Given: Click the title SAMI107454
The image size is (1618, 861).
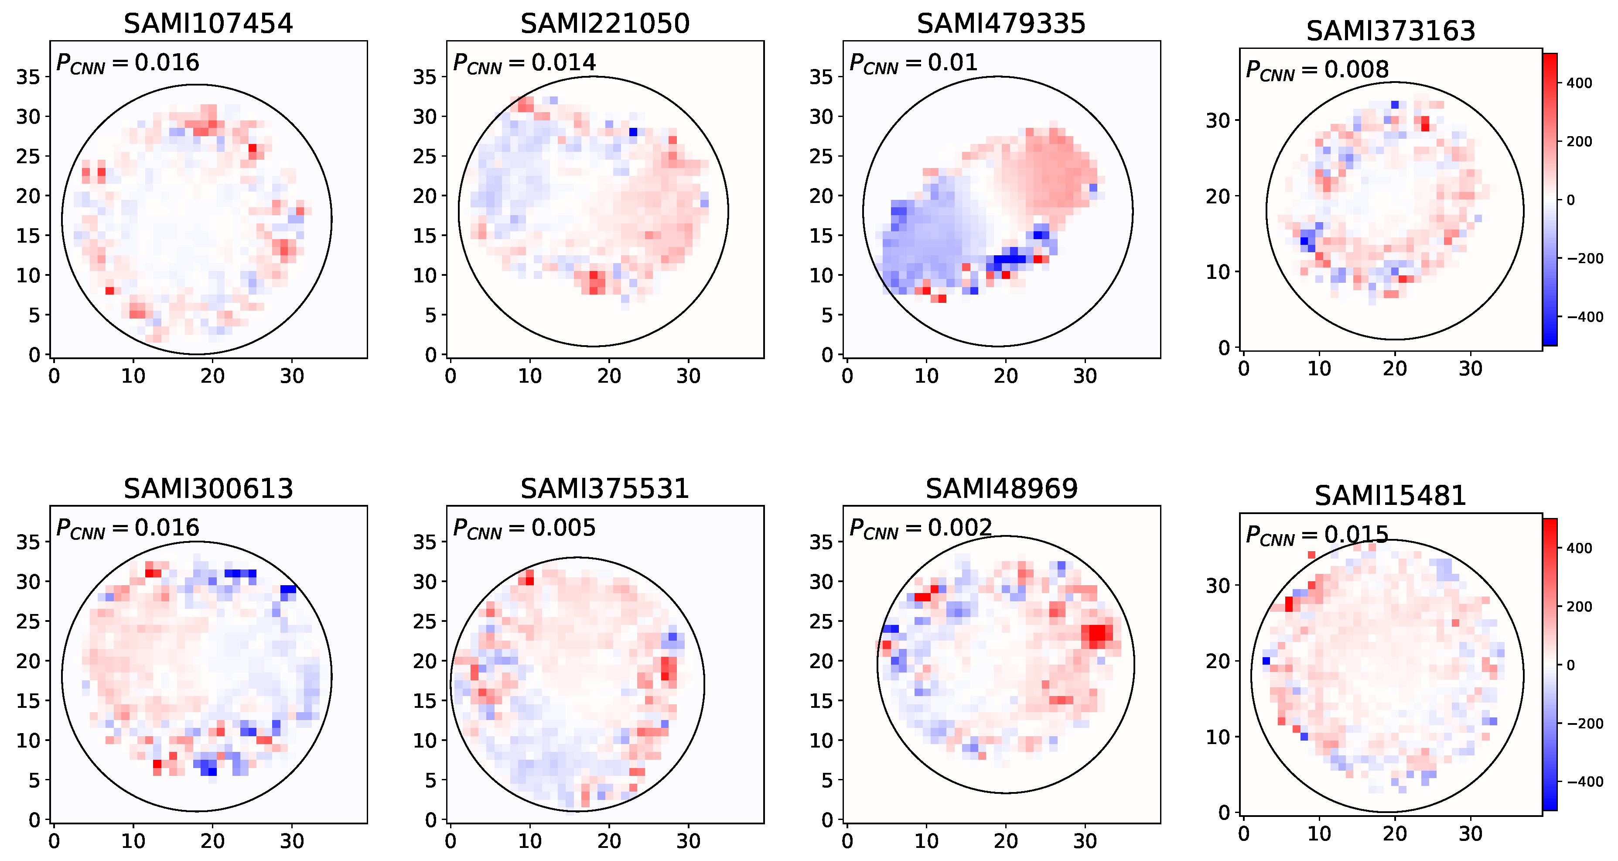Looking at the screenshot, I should pyautogui.click(x=208, y=24).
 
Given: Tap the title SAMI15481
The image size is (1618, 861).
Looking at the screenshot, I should pyautogui.click(x=1390, y=496).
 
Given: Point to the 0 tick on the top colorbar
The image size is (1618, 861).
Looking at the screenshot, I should pyautogui.click(x=1570, y=200).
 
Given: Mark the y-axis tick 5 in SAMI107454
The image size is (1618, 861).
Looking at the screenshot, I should pyautogui.click(x=34, y=316).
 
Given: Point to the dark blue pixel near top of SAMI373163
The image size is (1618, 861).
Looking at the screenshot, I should pyautogui.click(x=1395, y=104).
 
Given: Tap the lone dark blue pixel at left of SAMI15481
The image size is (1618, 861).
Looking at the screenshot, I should pyautogui.click(x=1266, y=661).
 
